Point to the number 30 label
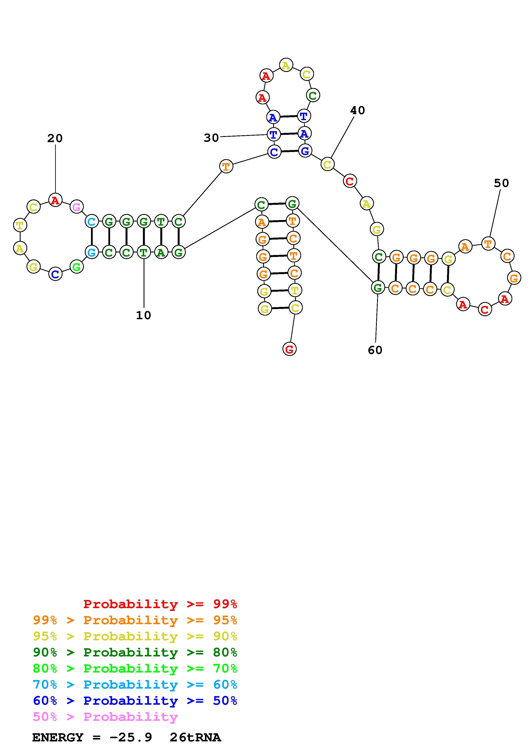211,138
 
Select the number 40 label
357,111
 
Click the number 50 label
501,183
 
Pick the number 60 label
375,350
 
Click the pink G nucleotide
76,207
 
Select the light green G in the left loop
76,267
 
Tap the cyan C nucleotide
92,222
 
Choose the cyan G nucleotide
92,252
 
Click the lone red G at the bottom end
289,349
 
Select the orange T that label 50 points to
488,244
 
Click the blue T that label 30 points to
273,134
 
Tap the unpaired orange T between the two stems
226,166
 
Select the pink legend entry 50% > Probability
105,717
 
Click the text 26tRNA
195,738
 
